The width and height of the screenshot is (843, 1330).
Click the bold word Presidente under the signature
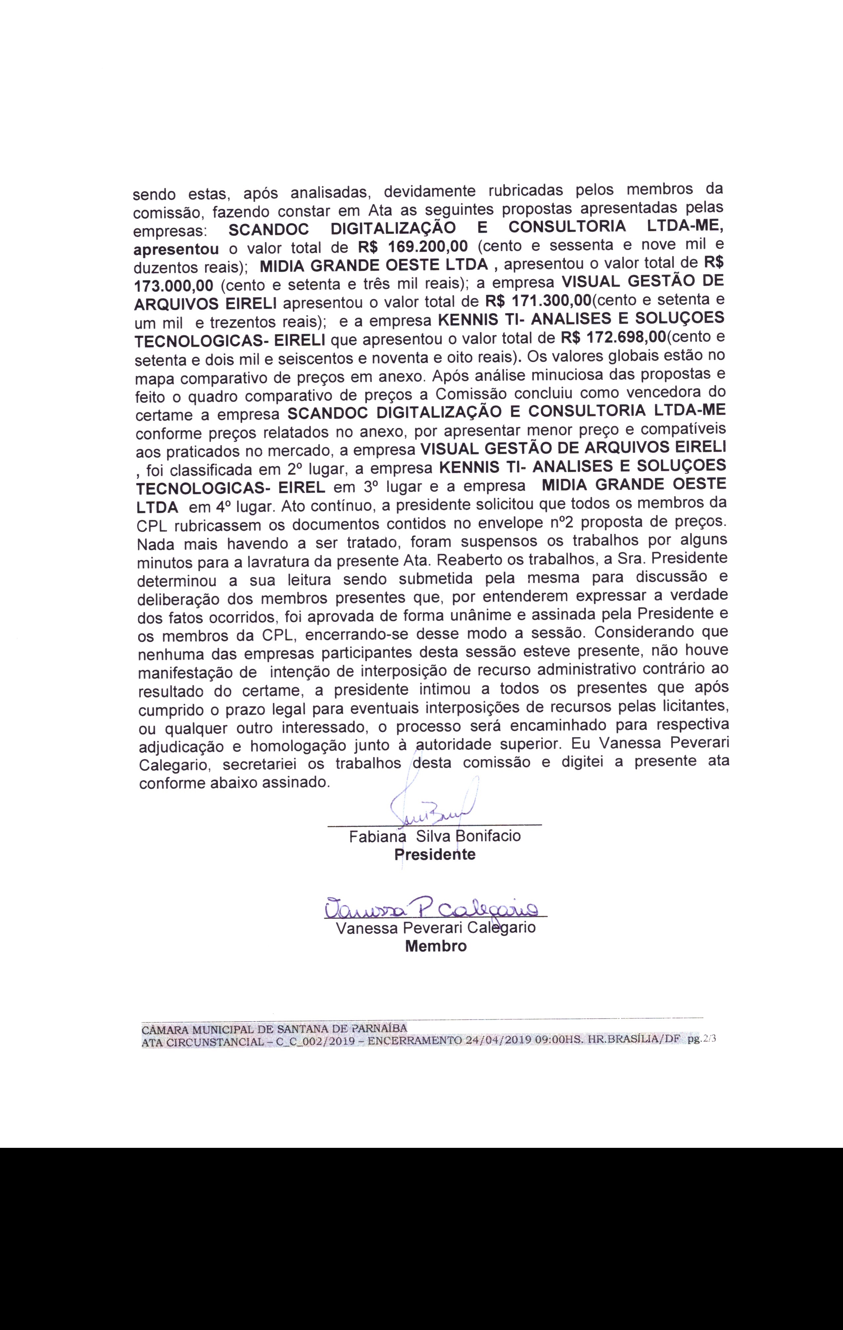pos(435,855)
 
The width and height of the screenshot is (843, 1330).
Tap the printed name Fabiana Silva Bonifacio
pos(435,836)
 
